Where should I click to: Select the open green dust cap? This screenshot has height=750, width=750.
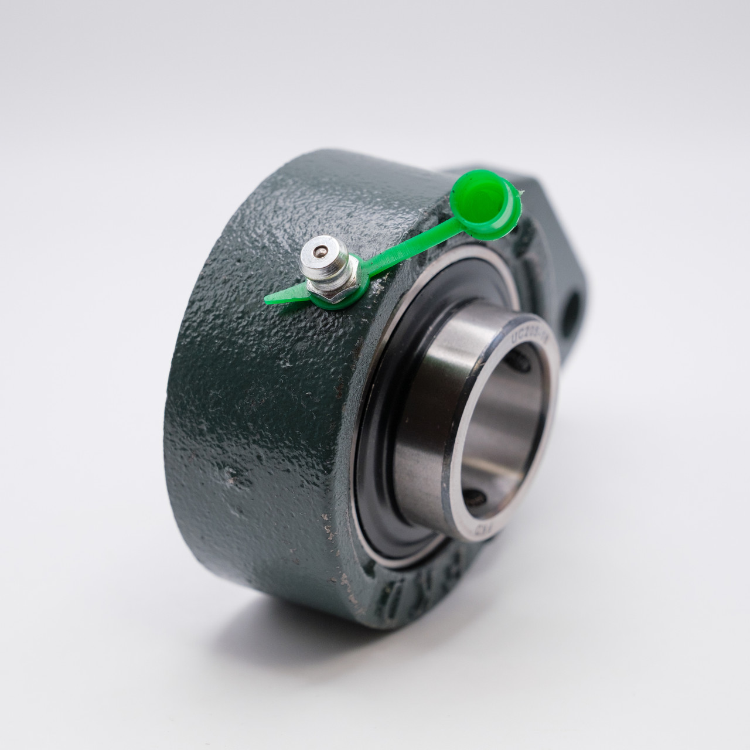click(x=483, y=208)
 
